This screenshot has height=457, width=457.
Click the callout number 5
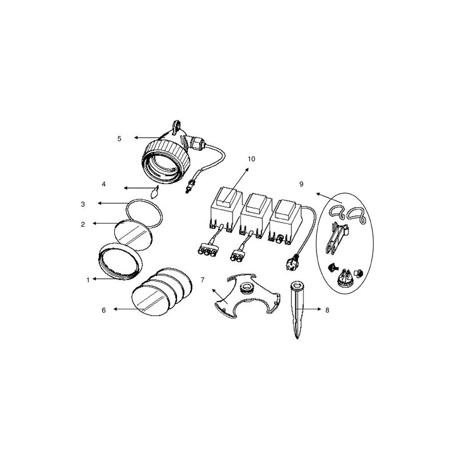click(x=119, y=138)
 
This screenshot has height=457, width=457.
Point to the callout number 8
click(x=327, y=309)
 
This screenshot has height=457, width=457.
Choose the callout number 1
click(x=87, y=280)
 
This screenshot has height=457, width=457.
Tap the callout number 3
click(x=83, y=203)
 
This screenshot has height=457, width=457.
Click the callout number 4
click(x=103, y=184)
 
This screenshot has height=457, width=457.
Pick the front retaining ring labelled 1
click(x=122, y=262)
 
